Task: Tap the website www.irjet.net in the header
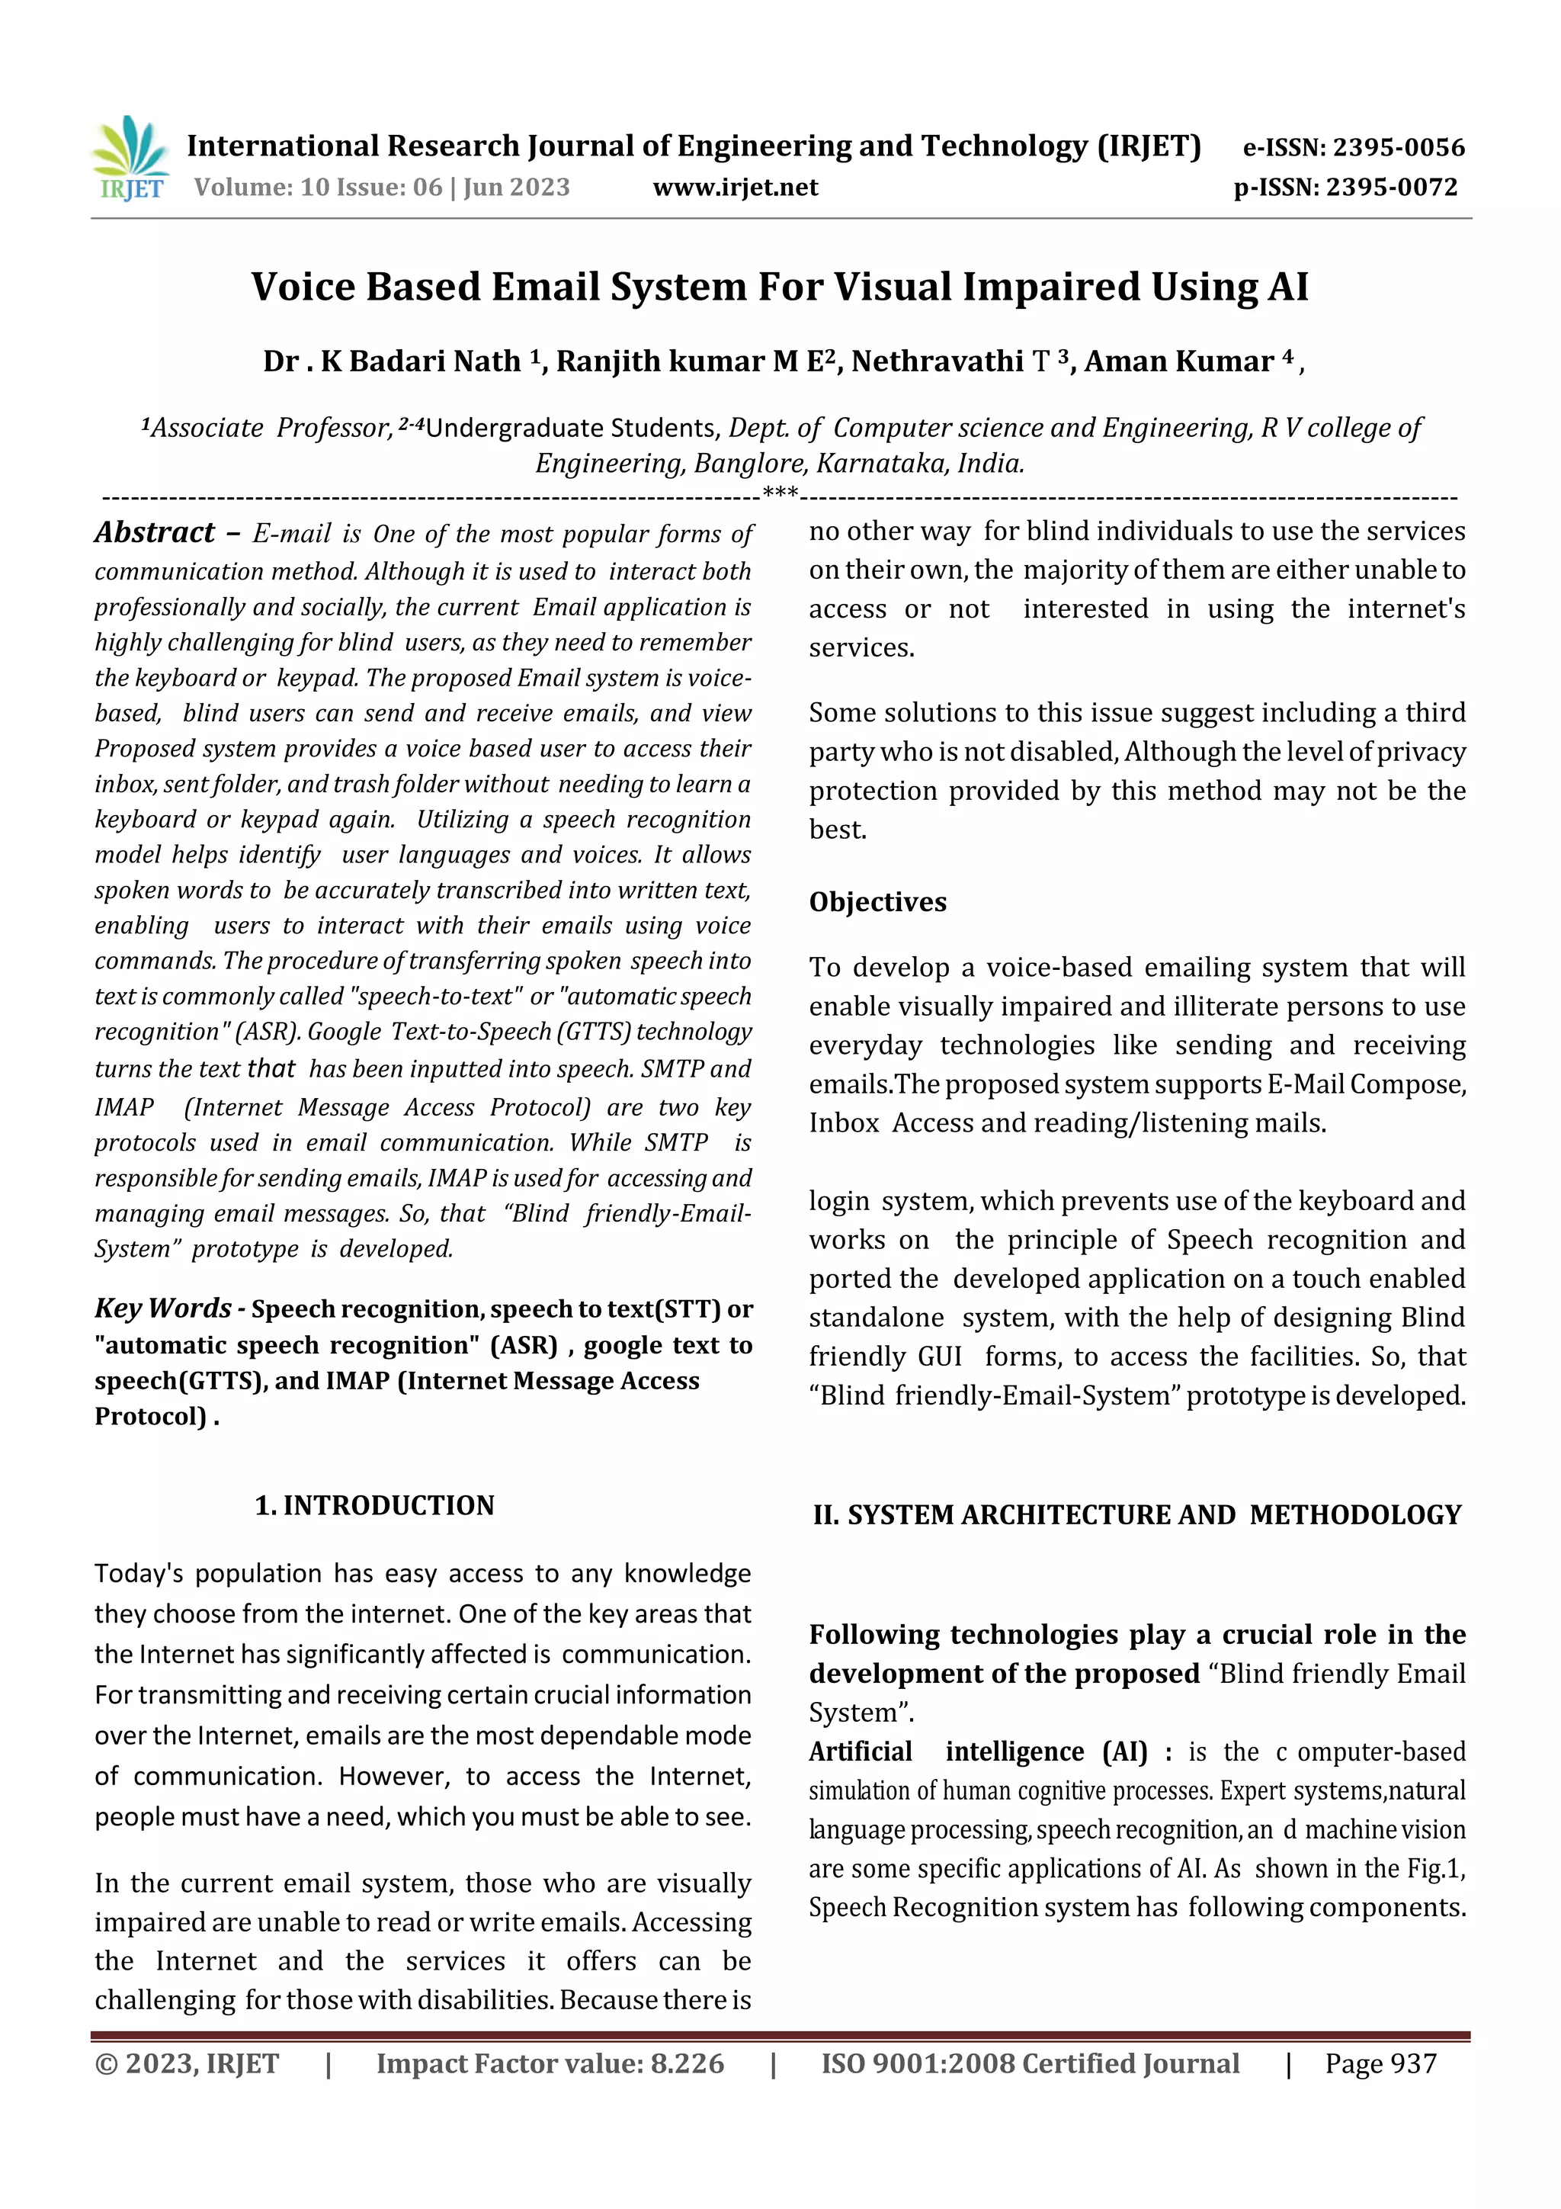pyautogui.click(x=735, y=187)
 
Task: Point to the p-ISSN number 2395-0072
pyautogui.click(x=1392, y=187)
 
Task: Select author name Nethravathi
pyautogui.click(x=937, y=361)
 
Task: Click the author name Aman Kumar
pyautogui.click(x=1178, y=361)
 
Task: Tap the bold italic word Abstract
pyautogui.click(x=155, y=533)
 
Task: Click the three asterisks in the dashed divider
pyautogui.click(x=779, y=495)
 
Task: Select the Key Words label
pyautogui.click(x=162, y=1308)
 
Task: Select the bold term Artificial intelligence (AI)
pyautogui.click(x=977, y=1751)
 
